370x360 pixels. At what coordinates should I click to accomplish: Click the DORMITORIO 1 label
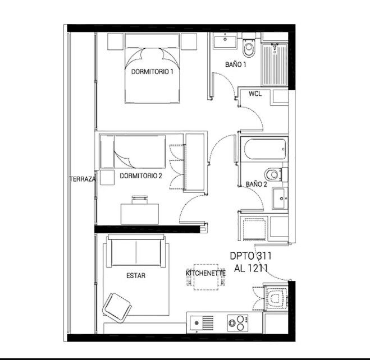[152, 72]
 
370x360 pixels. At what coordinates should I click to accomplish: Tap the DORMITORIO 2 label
[141, 176]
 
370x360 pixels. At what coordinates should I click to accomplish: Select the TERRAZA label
[83, 179]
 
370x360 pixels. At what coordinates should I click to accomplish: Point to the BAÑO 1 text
[235, 64]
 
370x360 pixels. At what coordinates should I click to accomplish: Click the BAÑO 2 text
[256, 184]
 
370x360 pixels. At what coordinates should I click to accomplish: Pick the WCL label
[255, 94]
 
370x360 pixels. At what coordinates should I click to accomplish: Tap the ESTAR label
[136, 276]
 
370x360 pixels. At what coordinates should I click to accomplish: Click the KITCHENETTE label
[205, 273]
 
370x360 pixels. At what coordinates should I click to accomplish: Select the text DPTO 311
[250, 256]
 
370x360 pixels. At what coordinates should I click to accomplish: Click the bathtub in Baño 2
[265, 149]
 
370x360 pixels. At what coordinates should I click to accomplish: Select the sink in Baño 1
[225, 41]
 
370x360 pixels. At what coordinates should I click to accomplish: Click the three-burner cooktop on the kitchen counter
[237, 323]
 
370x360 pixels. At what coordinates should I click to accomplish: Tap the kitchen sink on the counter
[202, 323]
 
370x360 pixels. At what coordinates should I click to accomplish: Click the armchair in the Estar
[117, 307]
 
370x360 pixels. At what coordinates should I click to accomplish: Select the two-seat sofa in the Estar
[135, 251]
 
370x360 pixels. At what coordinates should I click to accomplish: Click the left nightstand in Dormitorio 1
[116, 41]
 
